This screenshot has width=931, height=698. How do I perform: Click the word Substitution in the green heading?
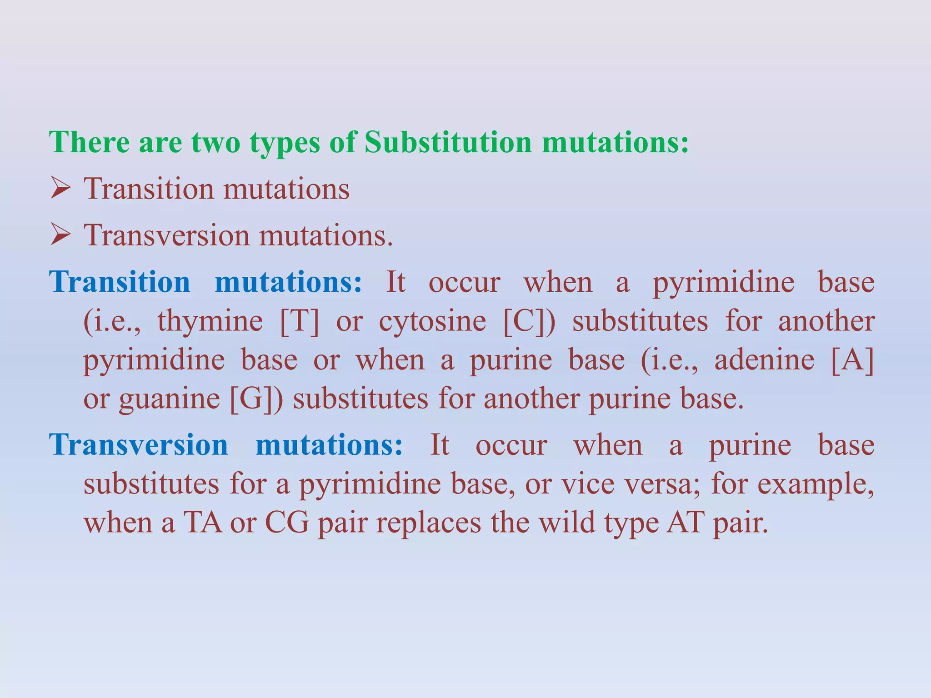pos(448,142)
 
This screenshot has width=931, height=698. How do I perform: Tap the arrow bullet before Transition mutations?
pos(60,189)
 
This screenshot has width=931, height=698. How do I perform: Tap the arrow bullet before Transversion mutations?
pos(60,236)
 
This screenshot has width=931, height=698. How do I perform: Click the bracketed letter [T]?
pos(300,321)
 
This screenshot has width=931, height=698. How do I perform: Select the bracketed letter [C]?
pos(529,321)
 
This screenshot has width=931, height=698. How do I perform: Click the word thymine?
pos(210,321)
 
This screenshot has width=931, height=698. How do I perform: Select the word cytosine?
pos(432,321)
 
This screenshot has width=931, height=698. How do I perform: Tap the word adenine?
pos(764,360)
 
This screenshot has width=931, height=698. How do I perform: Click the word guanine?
pos(170,400)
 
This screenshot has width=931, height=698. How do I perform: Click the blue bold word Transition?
pos(120,282)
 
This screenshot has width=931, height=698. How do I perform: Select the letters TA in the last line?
pos(203,523)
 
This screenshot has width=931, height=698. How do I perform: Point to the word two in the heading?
pos(215,142)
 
